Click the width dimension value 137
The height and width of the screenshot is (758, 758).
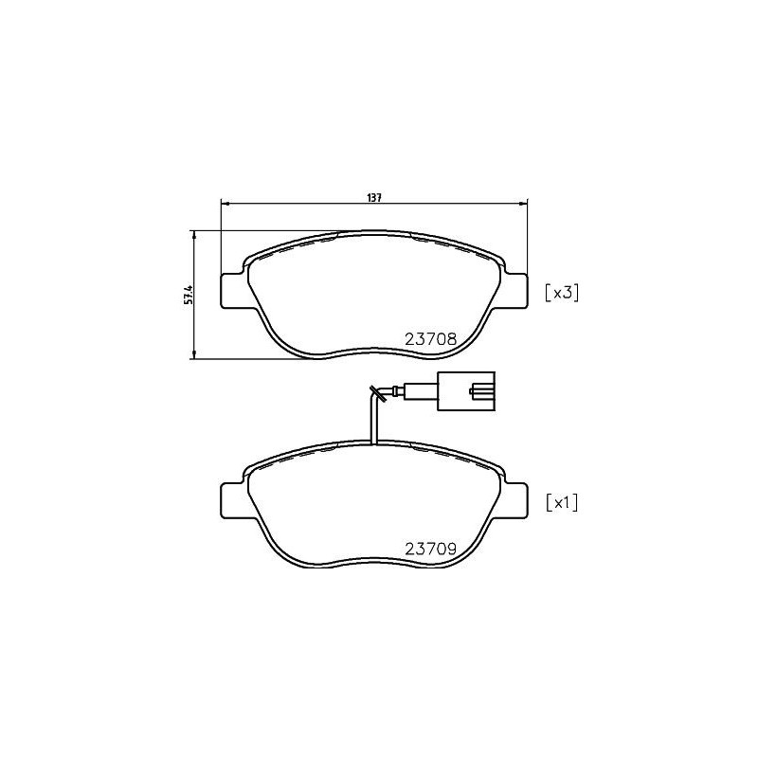(374, 197)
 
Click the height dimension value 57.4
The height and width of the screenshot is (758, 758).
(189, 294)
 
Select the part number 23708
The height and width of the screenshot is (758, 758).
(431, 338)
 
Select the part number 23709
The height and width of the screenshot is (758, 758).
(431, 549)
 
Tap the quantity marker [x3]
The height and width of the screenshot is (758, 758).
(560, 293)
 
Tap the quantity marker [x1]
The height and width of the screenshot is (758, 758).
(560, 502)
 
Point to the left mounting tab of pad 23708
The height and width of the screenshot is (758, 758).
(233, 290)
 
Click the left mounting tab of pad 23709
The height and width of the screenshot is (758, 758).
(233, 500)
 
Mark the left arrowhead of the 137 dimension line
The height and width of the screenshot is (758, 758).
(225, 203)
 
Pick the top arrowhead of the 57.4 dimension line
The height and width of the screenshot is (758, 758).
(194, 233)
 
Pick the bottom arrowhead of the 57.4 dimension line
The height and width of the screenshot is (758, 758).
(194, 355)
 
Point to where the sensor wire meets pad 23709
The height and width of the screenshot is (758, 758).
(375, 443)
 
